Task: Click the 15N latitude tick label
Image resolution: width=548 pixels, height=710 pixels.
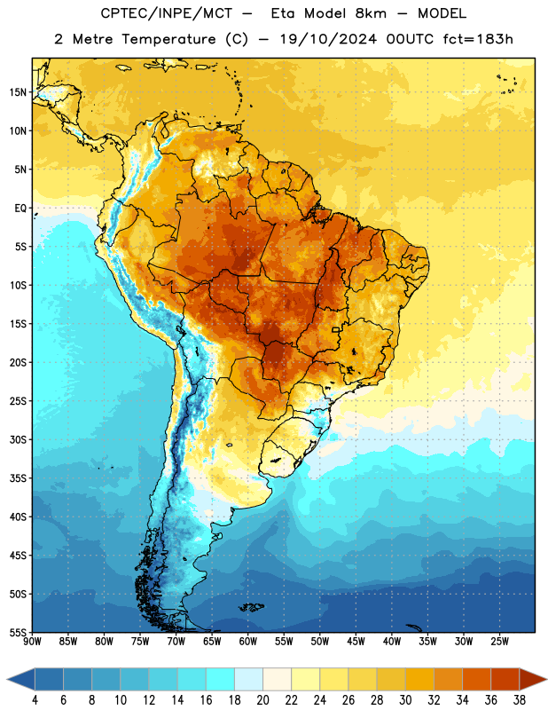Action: (18, 92)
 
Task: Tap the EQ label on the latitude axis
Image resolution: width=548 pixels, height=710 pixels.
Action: (20, 209)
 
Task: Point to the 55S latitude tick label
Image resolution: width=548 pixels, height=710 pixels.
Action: (18, 632)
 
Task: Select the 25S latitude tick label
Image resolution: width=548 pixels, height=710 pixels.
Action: (18, 401)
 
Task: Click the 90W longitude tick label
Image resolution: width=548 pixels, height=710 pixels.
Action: (32, 642)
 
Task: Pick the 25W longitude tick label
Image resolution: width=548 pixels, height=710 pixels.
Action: (499, 642)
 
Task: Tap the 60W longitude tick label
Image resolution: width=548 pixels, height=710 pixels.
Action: (248, 642)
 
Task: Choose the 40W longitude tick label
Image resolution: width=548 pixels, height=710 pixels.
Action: (392, 642)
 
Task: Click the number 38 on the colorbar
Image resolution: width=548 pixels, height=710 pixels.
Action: (520, 700)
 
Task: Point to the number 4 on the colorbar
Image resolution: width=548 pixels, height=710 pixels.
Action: (35, 700)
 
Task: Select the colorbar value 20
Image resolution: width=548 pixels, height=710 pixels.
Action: (262, 700)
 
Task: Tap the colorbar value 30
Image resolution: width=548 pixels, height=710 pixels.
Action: (405, 700)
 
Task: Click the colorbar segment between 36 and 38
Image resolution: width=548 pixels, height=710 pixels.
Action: (505, 679)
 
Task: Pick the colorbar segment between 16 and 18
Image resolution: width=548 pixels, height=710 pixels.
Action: (221, 679)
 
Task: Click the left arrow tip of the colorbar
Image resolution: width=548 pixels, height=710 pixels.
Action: (7, 679)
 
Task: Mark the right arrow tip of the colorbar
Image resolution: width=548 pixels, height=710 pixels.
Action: (546, 679)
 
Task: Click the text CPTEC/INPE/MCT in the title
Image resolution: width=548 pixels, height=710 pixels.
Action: (166, 14)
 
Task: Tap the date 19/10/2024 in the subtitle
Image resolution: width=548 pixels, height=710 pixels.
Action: (328, 39)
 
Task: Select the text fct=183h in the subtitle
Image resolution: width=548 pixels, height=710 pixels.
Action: (478, 39)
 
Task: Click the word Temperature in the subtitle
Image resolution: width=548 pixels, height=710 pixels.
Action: (168, 40)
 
